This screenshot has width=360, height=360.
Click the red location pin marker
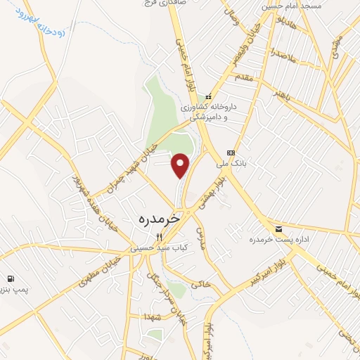tap(181, 165)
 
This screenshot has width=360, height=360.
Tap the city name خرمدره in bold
tap(156, 219)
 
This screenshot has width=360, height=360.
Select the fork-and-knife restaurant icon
tap(158, 237)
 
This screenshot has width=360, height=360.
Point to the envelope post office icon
tap(278, 229)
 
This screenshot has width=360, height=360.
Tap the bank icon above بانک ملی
tap(231, 153)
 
